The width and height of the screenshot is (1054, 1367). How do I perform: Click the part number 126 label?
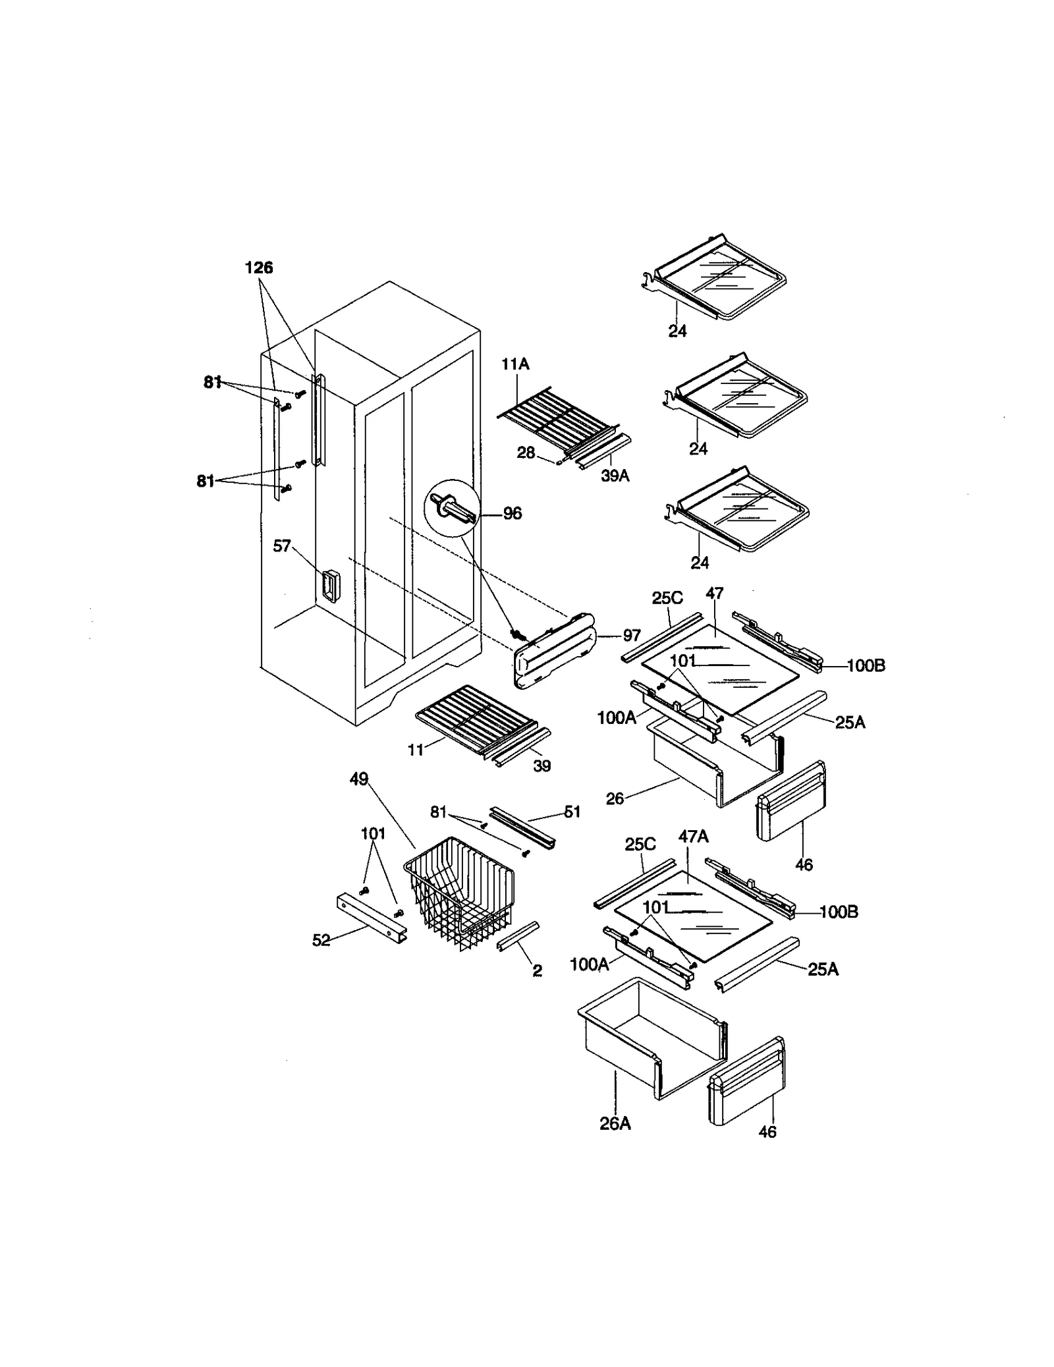[x=259, y=267]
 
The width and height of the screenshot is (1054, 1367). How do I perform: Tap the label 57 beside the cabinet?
[x=282, y=545]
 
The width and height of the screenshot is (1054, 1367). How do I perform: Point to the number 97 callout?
[x=631, y=636]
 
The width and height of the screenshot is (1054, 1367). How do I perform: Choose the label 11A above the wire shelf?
[x=515, y=364]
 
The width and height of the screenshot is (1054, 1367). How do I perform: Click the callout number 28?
[x=526, y=453]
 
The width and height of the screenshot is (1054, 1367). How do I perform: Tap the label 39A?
[x=615, y=476]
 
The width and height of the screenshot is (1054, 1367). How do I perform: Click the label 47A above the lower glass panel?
[x=693, y=837]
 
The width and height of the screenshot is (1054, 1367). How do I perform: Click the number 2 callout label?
[x=537, y=971]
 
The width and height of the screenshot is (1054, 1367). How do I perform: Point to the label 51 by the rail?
[x=572, y=812]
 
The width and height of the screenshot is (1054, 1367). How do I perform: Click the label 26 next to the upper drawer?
[x=614, y=798]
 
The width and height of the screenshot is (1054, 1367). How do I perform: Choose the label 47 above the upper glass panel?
[x=714, y=594]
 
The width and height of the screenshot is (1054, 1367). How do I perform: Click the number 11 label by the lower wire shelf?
[x=415, y=750]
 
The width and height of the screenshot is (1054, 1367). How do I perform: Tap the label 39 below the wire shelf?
[x=541, y=766]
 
